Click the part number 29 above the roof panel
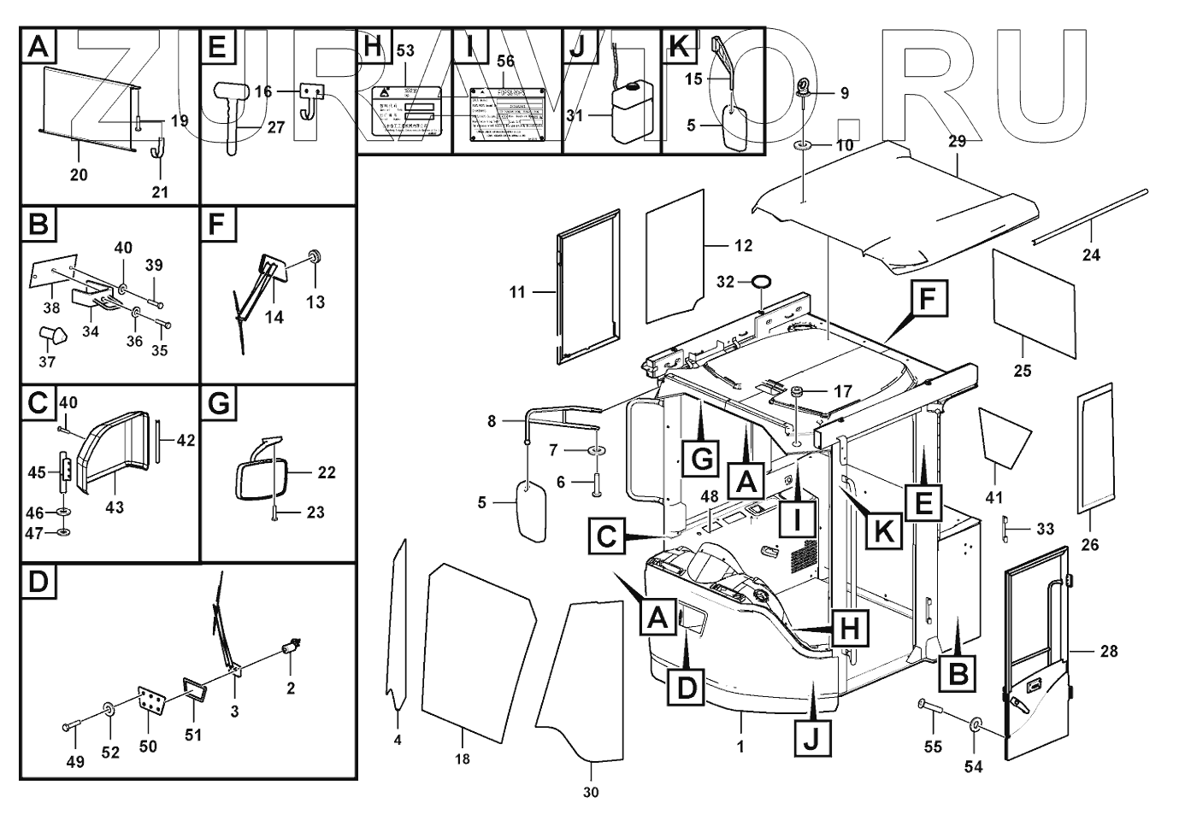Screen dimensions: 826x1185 coord(958,142)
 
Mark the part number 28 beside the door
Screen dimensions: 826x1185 coord(1108,652)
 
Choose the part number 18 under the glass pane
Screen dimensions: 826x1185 coord(463,759)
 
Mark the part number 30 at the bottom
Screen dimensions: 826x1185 coord(591,793)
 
